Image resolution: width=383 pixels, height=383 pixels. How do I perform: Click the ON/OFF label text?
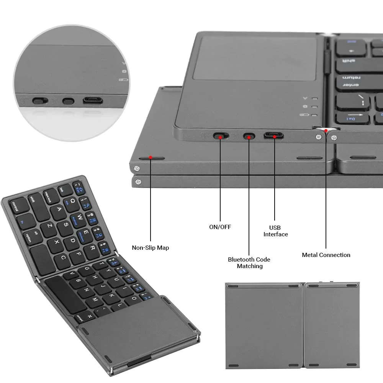[220, 227]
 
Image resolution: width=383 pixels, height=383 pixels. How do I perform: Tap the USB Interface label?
[275, 231]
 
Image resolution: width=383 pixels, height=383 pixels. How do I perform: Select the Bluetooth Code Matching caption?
[249, 262]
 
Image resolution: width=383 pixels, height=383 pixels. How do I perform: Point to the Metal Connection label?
[326, 255]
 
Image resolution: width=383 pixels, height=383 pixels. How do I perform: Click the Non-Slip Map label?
[150, 247]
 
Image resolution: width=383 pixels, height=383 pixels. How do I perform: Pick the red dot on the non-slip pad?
[151, 157]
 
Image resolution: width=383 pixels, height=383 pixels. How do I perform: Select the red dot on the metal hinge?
[326, 131]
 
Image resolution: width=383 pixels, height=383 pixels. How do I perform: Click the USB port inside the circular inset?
[93, 101]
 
